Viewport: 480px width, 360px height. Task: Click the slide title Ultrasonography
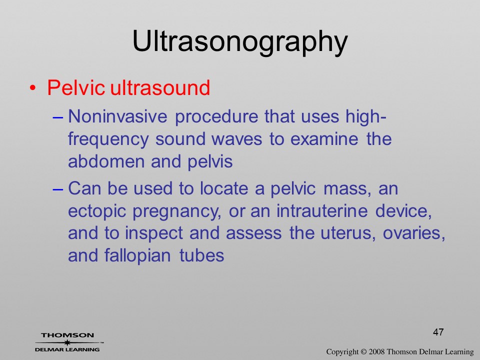click(240, 42)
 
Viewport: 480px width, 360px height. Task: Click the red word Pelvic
click(76, 88)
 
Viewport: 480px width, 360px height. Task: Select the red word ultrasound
click(160, 88)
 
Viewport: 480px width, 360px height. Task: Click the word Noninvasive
click(118, 116)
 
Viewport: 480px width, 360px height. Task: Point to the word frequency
click(108, 140)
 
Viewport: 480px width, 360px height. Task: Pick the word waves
click(237, 139)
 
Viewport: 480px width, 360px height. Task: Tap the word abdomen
click(106, 161)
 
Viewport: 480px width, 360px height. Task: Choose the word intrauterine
click(322, 210)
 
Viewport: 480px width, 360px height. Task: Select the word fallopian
click(137, 256)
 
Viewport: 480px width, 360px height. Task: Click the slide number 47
click(438, 332)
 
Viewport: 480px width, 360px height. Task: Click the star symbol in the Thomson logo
click(67, 342)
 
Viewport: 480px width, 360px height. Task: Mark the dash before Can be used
click(58, 189)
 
